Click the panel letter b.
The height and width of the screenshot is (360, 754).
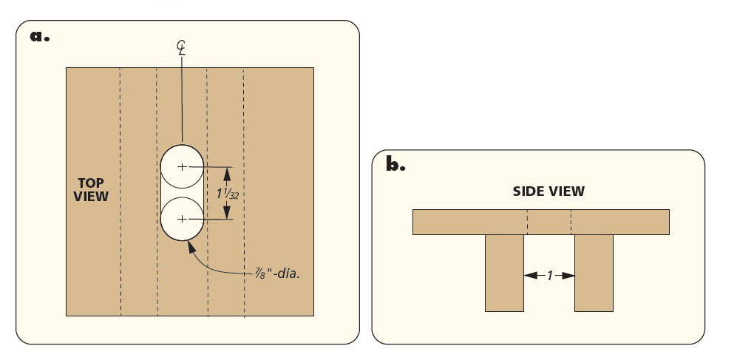coord(395,164)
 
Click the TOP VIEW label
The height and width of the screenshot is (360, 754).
coord(93,189)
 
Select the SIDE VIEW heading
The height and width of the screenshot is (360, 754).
coord(548,191)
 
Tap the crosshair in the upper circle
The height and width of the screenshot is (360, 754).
coord(182,167)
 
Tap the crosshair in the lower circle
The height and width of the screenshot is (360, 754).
coord(182,220)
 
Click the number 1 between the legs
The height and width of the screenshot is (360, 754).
coord(549,275)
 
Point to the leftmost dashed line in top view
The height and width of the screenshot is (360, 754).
coord(120,192)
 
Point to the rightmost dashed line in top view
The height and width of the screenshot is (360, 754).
coord(245,192)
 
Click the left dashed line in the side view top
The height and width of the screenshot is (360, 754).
coord(527,222)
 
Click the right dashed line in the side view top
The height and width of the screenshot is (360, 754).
coord(571,222)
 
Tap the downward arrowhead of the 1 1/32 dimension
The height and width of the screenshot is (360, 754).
coord(226,215)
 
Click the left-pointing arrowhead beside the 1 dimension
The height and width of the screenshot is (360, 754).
coord(528,275)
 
